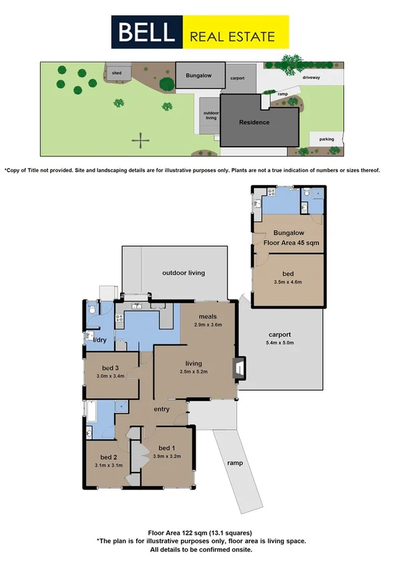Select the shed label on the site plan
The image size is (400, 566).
coord(117,73)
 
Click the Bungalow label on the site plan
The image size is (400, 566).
coord(198,76)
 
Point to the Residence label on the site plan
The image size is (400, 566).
coord(254,122)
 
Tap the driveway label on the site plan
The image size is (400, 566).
coord(311,78)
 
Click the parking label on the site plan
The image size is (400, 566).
coord(326,139)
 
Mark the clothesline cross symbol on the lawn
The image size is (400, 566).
coord(140,140)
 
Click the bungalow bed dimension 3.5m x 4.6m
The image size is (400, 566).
coord(288,282)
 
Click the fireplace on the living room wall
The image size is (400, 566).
coord(238,368)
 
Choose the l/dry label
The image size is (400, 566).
coord(99,341)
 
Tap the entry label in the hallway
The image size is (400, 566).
coord(161,409)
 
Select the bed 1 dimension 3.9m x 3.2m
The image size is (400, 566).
coord(167,457)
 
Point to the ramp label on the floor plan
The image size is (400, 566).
coord(234,463)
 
